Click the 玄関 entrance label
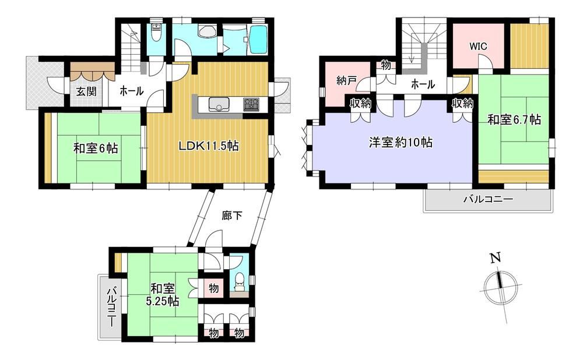point(86,91)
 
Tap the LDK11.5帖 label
point(209,146)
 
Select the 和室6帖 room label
point(96,149)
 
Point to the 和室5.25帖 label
point(163,294)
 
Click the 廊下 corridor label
point(232,216)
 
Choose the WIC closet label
point(478,47)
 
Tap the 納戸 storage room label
point(346,80)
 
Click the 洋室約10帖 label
point(401,142)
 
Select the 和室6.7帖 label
point(514,119)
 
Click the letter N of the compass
point(494,257)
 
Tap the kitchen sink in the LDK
point(218,104)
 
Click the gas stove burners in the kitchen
point(252,104)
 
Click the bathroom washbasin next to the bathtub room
point(207,31)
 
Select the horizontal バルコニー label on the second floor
point(488,199)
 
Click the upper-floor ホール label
point(423,84)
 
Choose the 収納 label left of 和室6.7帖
point(462,104)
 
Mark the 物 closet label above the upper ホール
point(386,65)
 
